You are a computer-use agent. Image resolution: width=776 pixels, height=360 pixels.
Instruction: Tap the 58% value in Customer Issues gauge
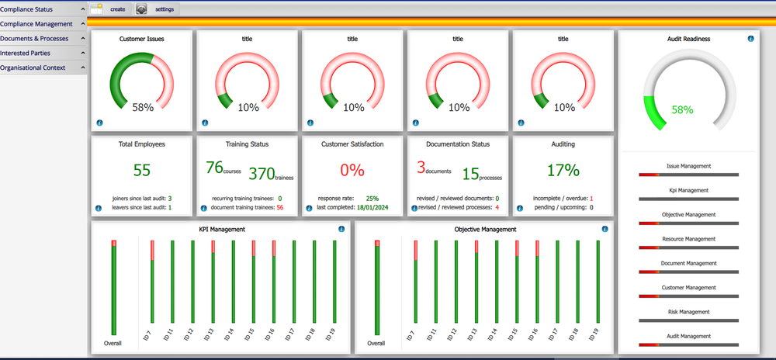pyautogui.click(x=142, y=108)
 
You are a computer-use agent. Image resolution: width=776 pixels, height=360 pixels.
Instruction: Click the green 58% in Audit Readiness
pyautogui.click(x=682, y=110)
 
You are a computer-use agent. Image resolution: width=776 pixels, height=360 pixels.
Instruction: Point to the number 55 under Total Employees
pyautogui.click(x=142, y=170)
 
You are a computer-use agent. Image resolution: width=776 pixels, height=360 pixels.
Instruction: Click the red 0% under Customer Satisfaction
pyautogui.click(x=353, y=170)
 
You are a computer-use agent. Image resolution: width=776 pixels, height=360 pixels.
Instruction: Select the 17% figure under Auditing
pyautogui.click(x=563, y=170)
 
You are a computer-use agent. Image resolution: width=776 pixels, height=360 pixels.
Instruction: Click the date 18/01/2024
pyautogui.click(x=372, y=207)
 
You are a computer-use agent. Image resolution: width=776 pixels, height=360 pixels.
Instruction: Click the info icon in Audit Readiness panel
pyautogui.click(x=751, y=38)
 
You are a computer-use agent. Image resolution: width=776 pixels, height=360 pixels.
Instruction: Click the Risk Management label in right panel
pyautogui.click(x=688, y=312)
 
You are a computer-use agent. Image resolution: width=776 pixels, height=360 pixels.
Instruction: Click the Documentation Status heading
pyautogui.click(x=458, y=144)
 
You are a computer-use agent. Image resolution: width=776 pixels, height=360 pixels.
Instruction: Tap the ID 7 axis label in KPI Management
pyautogui.click(x=148, y=336)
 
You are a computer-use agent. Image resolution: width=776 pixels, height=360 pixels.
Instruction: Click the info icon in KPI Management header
pyautogui.click(x=341, y=229)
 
